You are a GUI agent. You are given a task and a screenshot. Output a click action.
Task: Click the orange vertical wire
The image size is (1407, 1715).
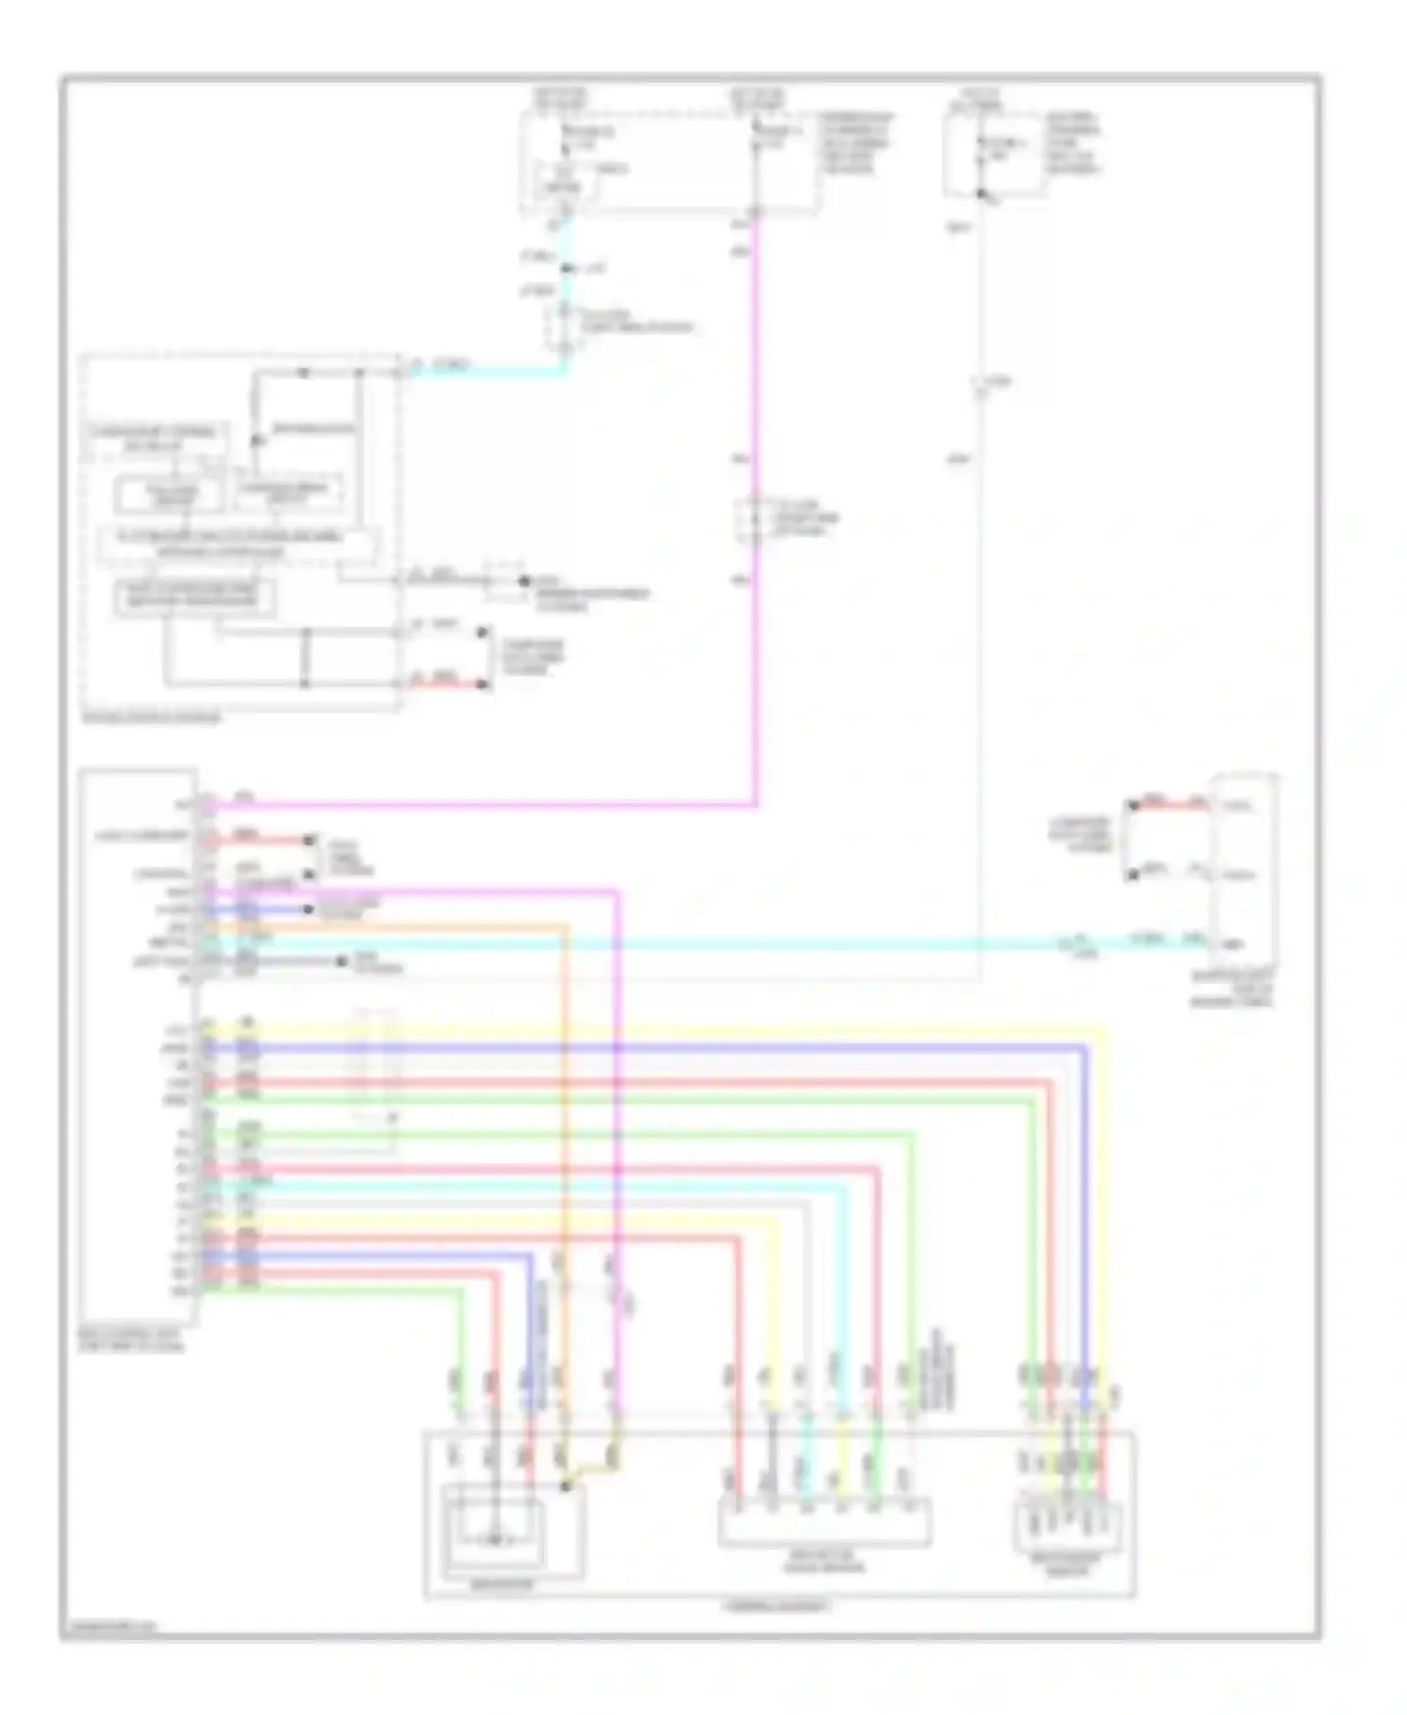pyautogui.click(x=567, y=1126)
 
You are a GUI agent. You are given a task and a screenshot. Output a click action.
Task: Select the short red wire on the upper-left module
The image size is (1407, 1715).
pyautogui.click(x=448, y=684)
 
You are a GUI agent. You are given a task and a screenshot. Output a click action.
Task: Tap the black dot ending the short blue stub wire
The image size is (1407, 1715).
pyautogui.click(x=309, y=909)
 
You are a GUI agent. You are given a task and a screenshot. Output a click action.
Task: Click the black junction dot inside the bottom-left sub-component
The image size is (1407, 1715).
pyautogui.click(x=566, y=1486)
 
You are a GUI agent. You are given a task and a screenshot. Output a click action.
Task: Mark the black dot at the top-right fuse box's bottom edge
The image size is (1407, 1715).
pyautogui.click(x=980, y=194)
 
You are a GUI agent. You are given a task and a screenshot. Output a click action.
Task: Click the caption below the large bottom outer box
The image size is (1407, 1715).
pyautogui.click(x=777, y=1605)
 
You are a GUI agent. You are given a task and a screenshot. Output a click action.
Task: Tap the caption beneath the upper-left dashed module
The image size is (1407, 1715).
pyautogui.click(x=152, y=719)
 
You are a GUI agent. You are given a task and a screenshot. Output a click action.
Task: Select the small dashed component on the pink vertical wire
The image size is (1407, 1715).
pyautogui.click(x=755, y=522)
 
